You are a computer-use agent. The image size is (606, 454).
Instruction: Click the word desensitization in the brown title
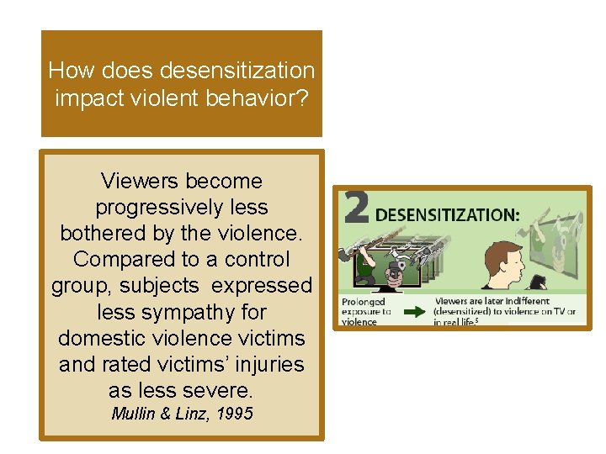(239, 71)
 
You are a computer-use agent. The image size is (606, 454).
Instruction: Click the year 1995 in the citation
(232, 414)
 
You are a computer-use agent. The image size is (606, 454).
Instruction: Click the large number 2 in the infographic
(356, 209)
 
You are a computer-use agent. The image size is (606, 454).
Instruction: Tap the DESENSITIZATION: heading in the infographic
(446, 214)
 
